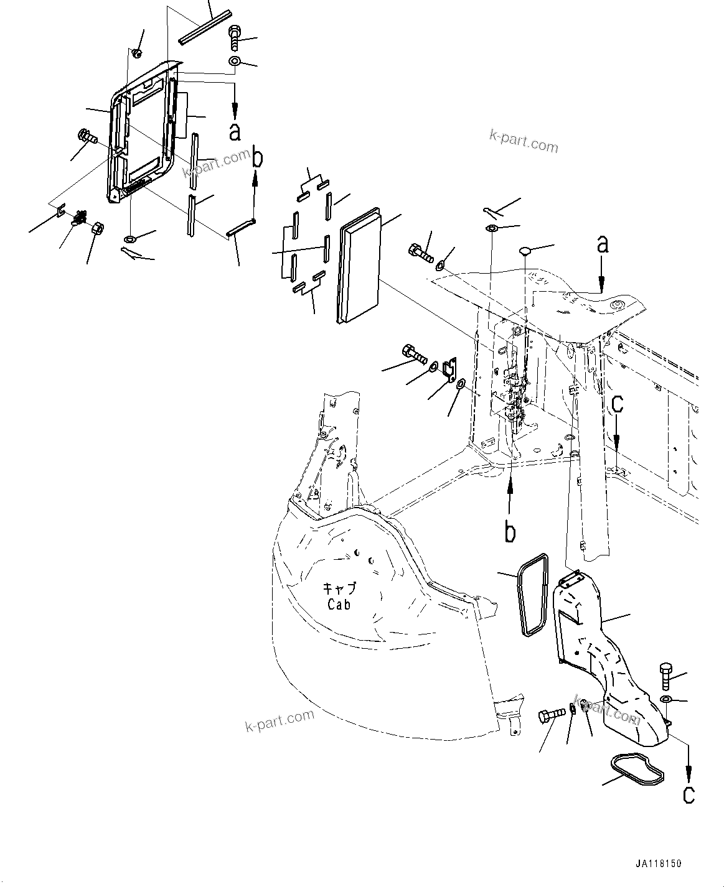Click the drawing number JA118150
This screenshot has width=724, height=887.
(x=659, y=864)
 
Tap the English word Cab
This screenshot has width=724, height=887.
(x=338, y=603)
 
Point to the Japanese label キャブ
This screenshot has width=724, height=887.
(x=338, y=588)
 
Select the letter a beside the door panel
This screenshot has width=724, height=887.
(x=235, y=131)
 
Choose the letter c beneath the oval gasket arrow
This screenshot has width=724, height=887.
(x=689, y=794)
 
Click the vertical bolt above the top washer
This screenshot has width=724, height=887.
(x=235, y=37)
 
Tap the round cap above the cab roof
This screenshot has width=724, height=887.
(x=527, y=251)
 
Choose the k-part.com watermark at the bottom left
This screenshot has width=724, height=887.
(x=280, y=721)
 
